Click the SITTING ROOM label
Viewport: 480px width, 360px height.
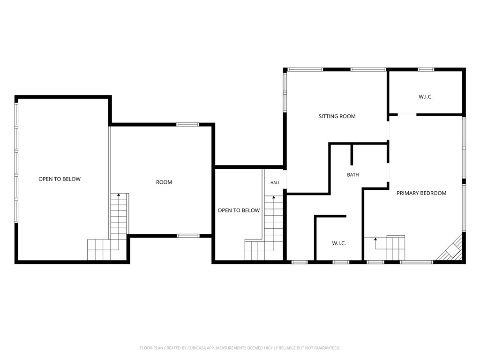coord(337,116)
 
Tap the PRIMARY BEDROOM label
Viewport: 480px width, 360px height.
coord(421,193)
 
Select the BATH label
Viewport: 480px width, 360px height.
coord(353,175)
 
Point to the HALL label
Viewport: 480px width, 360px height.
coord(275,183)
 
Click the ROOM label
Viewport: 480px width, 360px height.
coord(164,182)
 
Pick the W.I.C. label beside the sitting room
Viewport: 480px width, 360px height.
coord(426,97)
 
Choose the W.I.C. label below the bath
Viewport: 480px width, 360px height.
coord(339,243)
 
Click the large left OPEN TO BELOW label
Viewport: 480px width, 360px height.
coord(60,179)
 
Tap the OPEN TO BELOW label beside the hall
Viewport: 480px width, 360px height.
coord(239,210)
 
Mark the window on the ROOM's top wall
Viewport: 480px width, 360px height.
coord(187,125)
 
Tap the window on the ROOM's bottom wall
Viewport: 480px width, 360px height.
coord(188,236)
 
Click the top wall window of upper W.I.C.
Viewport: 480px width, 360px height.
coord(426,69)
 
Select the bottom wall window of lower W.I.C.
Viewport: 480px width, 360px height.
coord(341,262)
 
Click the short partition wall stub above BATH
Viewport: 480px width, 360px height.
coord(352,155)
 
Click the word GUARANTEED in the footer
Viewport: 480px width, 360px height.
coord(328,348)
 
